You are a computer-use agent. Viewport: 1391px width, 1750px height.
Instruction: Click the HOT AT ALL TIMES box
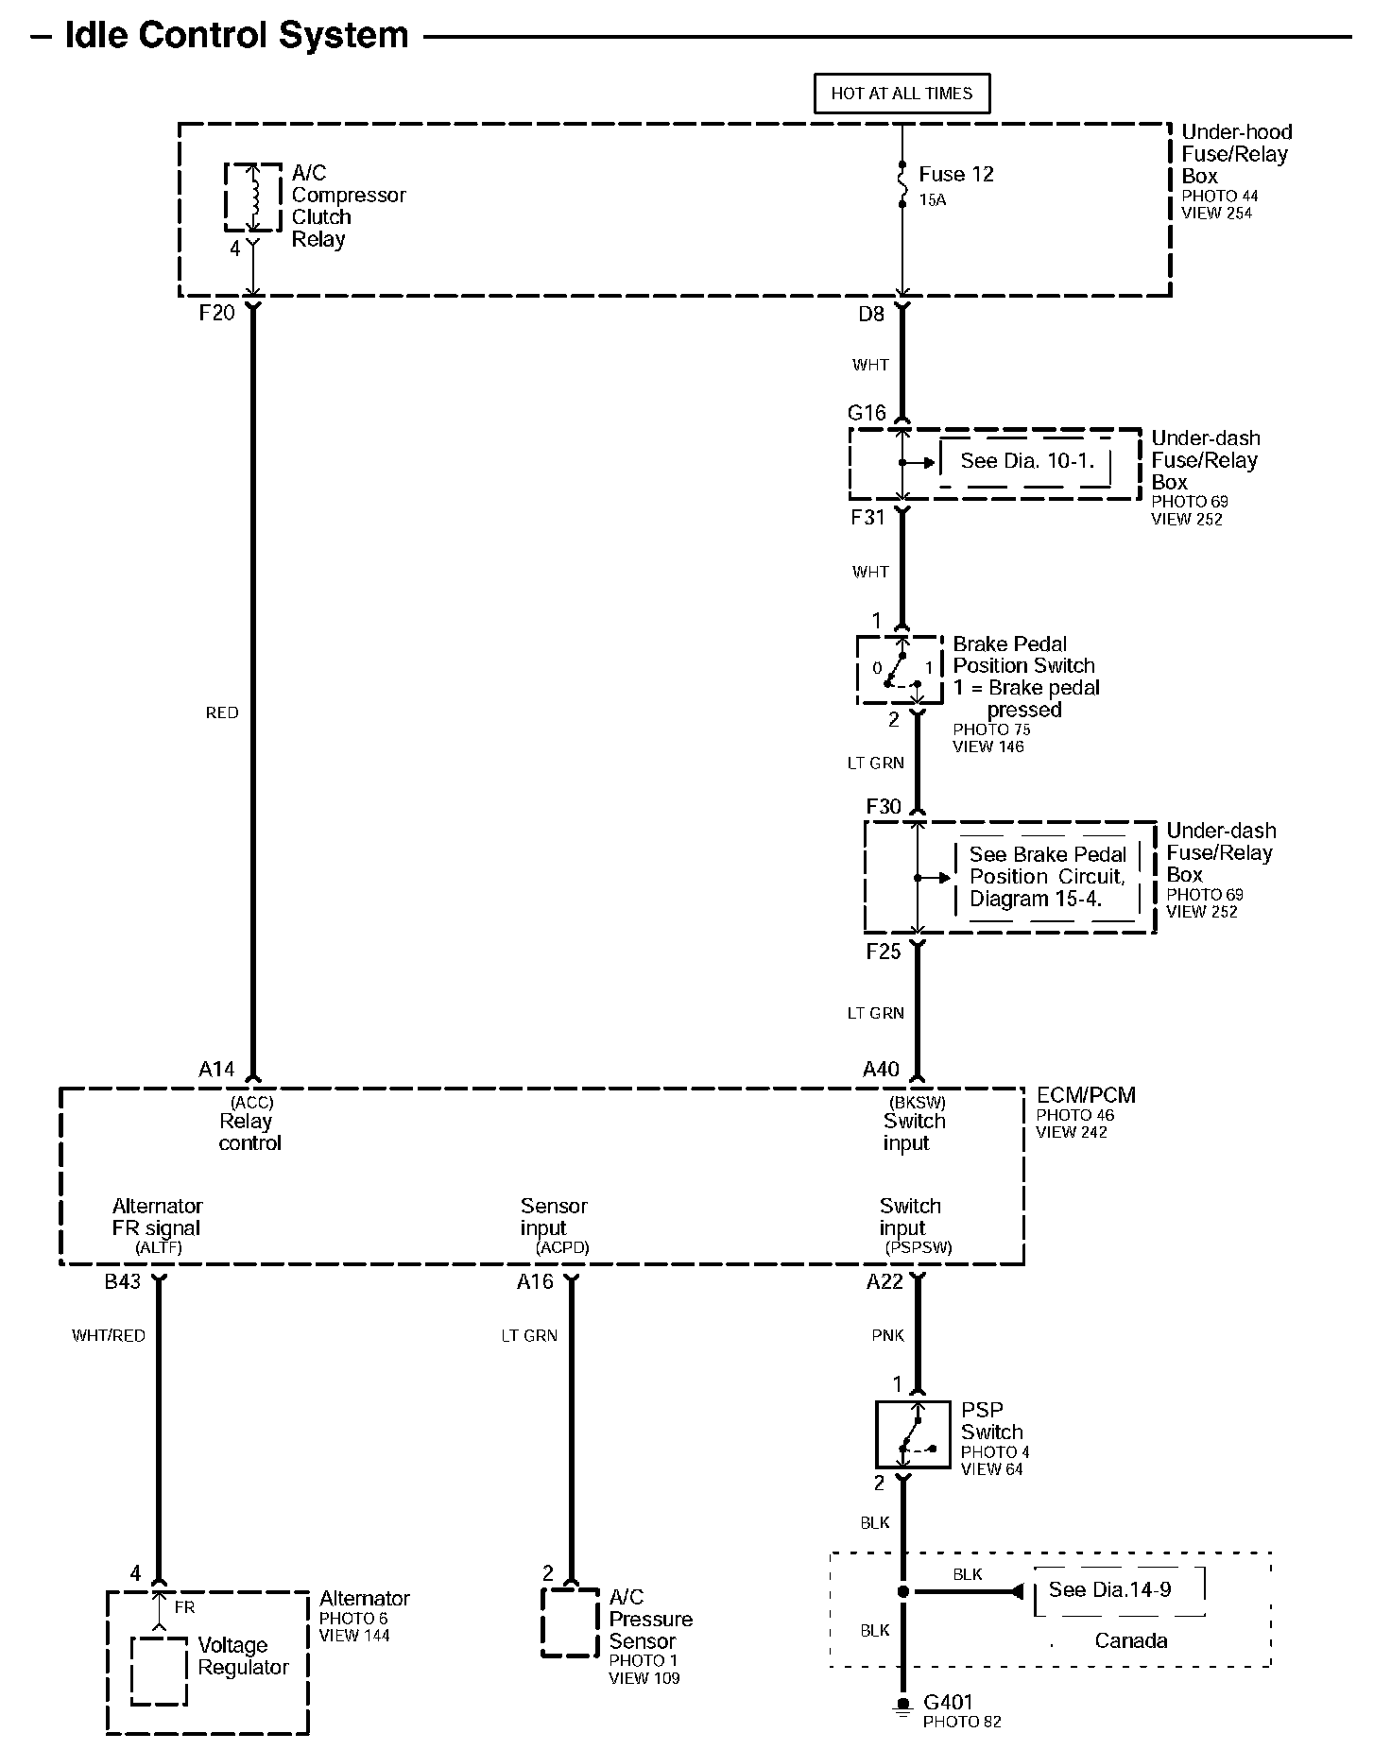coord(902,94)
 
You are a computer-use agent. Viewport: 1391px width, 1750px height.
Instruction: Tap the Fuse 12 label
coord(955,175)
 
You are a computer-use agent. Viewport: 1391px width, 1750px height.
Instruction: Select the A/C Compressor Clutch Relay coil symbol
coord(252,197)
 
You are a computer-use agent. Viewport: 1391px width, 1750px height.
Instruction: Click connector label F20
coord(216,313)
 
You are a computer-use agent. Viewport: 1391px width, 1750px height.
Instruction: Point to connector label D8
coord(870,314)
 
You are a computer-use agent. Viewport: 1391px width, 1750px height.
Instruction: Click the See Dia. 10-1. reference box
coord(1026,461)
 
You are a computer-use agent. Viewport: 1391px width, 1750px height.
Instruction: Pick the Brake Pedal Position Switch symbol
coord(900,670)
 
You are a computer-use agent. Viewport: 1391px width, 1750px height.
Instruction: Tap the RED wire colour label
coord(222,712)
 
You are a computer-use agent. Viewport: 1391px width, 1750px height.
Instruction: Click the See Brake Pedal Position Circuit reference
coord(1047,877)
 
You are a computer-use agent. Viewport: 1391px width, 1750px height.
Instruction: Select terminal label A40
coord(881,1069)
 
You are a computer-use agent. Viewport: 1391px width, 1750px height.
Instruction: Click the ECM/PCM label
coord(1086,1095)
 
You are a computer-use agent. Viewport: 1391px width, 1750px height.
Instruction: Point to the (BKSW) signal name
coord(916,1102)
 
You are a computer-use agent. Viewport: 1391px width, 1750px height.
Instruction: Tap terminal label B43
coord(122,1282)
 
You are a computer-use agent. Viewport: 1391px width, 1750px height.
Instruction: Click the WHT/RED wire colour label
coord(109,1335)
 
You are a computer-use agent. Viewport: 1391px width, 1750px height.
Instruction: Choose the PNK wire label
coord(888,1335)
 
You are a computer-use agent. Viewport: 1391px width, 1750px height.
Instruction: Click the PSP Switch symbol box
coord(913,1434)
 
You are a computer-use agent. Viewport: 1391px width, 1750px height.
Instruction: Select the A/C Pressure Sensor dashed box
coord(570,1622)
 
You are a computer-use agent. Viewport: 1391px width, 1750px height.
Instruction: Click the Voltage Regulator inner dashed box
coord(159,1670)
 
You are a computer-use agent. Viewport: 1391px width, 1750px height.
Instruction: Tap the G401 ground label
coord(948,1702)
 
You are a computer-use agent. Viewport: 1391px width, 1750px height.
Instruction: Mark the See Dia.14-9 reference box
coord(1110,1590)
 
